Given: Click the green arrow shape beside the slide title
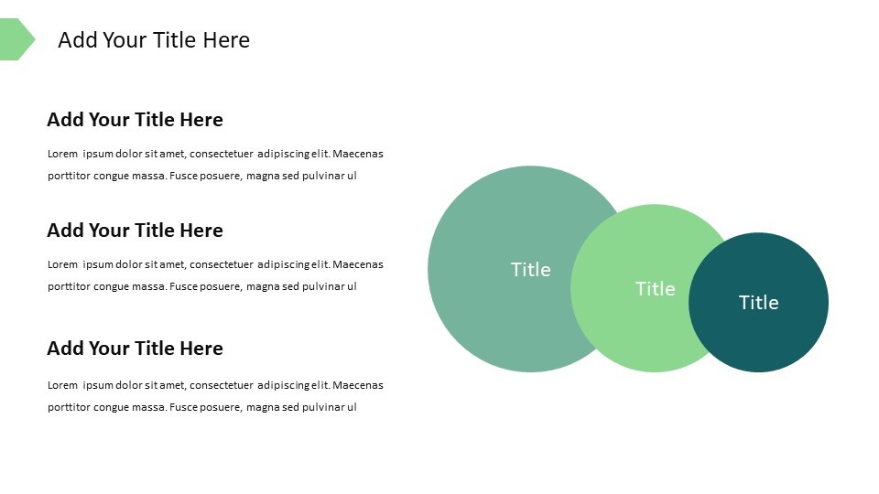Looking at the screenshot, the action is [x=16, y=39].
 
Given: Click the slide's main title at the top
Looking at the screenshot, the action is [x=154, y=40].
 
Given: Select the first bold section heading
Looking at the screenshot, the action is [x=135, y=120].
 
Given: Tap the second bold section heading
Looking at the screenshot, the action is [x=135, y=231].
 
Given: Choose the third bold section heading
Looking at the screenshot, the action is [x=135, y=349].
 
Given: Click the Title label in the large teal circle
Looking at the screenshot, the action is [x=530, y=270].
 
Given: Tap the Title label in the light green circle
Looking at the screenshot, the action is [x=655, y=289].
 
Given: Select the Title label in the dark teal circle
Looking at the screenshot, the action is [x=758, y=303].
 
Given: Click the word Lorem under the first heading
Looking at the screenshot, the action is [x=62, y=154].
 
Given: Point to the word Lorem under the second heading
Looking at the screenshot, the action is [x=62, y=264].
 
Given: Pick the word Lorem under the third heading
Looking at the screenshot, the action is [x=62, y=385].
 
